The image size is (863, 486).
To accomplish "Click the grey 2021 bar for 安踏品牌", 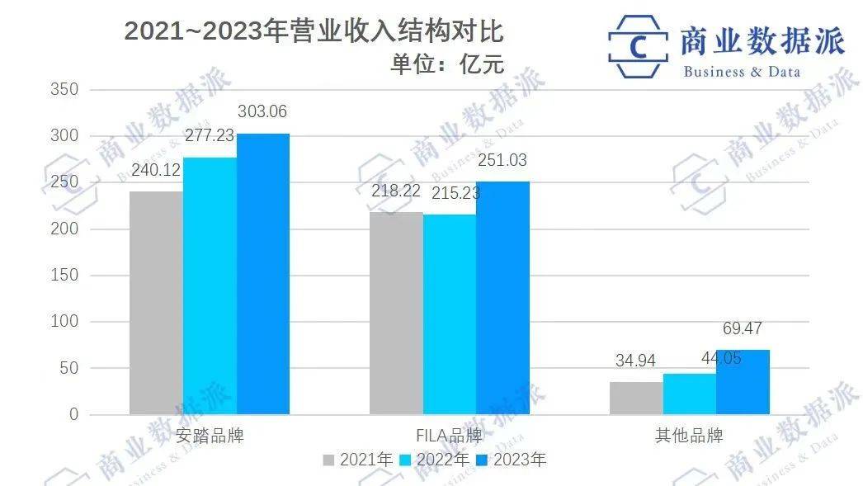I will (x=156, y=303).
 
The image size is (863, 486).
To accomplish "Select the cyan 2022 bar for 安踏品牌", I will (x=210, y=285).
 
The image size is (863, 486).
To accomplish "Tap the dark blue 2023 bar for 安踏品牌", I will (x=263, y=274).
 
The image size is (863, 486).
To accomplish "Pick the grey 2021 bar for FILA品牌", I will (x=396, y=313).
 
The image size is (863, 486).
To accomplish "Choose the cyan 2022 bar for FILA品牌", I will (x=450, y=314).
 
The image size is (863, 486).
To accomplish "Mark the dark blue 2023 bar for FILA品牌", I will (x=502, y=298).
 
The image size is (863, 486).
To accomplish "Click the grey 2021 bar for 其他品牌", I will (x=636, y=398).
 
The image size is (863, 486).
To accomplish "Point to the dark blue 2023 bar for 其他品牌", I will (x=743, y=382).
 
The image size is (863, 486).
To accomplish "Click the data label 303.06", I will (x=262, y=111).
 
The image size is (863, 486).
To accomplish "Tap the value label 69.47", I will (x=743, y=328).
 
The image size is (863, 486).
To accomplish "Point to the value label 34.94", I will (x=636, y=361).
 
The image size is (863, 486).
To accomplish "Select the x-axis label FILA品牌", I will (x=450, y=436).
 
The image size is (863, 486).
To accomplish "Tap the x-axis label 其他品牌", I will (x=690, y=436).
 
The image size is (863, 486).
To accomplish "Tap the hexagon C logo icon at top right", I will (x=638, y=45).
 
